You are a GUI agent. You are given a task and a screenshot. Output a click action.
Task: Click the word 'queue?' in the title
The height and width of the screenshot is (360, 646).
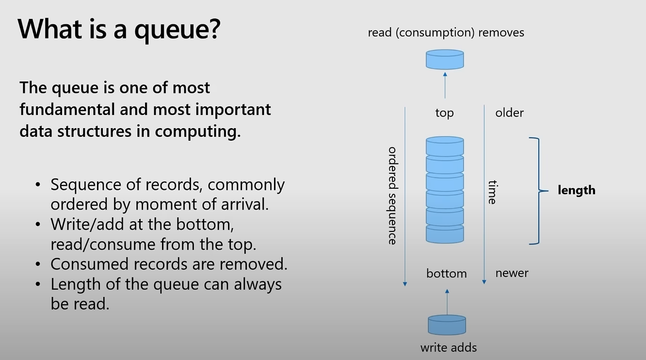click(177, 29)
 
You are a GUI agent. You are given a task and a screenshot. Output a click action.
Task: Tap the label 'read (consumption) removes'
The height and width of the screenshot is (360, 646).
click(446, 33)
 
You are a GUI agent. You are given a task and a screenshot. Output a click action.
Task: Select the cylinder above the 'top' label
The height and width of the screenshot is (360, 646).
click(445, 60)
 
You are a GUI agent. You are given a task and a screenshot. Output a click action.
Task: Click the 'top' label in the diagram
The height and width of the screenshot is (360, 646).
click(444, 113)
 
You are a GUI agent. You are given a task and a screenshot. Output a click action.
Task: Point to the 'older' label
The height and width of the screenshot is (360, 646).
click(509, 113)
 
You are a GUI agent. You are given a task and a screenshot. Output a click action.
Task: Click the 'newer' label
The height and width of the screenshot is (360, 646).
click(512, 273)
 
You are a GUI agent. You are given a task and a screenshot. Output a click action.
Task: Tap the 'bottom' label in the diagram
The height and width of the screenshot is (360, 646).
click(446, 274)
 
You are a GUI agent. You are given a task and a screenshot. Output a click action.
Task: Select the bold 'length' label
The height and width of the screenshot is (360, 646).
click(576, 190)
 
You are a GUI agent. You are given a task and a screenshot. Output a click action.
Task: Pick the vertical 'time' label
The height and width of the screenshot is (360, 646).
click(492, 192)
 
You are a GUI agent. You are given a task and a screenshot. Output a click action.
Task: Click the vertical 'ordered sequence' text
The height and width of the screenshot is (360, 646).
click(393, 196)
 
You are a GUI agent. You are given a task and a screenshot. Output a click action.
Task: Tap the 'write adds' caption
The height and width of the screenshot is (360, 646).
click(449, 347)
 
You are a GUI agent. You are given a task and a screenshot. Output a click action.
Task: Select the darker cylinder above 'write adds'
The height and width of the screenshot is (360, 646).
click(447, 325)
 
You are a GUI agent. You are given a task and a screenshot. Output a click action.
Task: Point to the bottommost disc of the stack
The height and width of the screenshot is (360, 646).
click(445, 234)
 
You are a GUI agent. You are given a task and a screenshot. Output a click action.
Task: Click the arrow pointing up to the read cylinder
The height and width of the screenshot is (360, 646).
click(445, 85)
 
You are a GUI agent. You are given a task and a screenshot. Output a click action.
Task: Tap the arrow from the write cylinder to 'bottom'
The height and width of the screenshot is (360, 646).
click(447, 302)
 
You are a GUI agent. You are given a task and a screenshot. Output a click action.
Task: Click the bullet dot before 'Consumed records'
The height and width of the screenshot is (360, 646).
click(38, 264)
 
